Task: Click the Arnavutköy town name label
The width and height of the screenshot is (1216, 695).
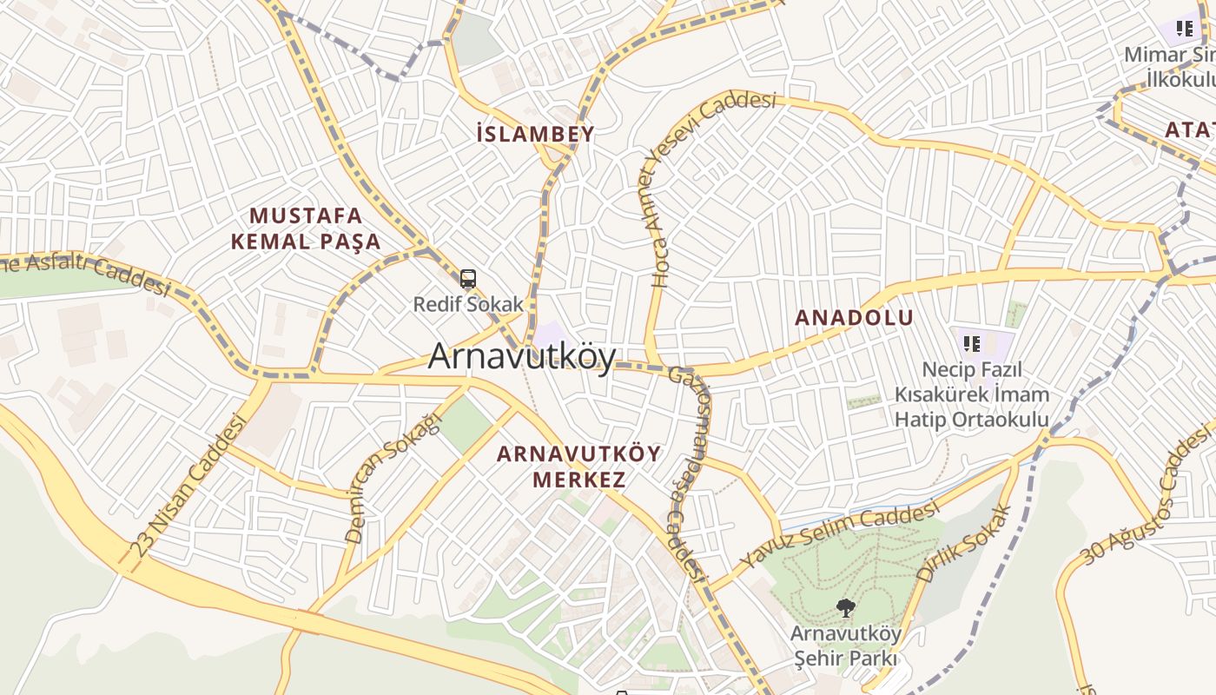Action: tap(522, 356)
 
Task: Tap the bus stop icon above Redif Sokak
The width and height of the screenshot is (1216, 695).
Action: tap(468, 280)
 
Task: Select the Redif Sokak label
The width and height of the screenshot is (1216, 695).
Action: tap(468, 304)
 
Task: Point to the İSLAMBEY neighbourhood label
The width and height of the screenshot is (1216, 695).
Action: tap(536, 134)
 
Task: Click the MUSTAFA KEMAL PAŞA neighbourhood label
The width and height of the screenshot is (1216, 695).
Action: tap(306, 228)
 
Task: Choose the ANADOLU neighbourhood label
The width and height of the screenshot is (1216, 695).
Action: tap(855, 318)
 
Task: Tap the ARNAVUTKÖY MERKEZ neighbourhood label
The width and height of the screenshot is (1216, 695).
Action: tap(578, 467)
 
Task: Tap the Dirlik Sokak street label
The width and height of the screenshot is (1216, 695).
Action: tap(965, 544)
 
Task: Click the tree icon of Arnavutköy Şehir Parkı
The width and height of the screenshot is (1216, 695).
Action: tap(844, 607)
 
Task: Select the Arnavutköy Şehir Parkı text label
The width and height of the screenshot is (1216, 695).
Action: tap(845, 646)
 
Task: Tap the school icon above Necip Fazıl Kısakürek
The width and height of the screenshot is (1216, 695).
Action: tap(972, 344)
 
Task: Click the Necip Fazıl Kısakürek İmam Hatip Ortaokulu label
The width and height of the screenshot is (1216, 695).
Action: tap(972, 394)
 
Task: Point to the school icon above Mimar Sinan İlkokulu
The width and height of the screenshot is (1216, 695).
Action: tap(1184, 30)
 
